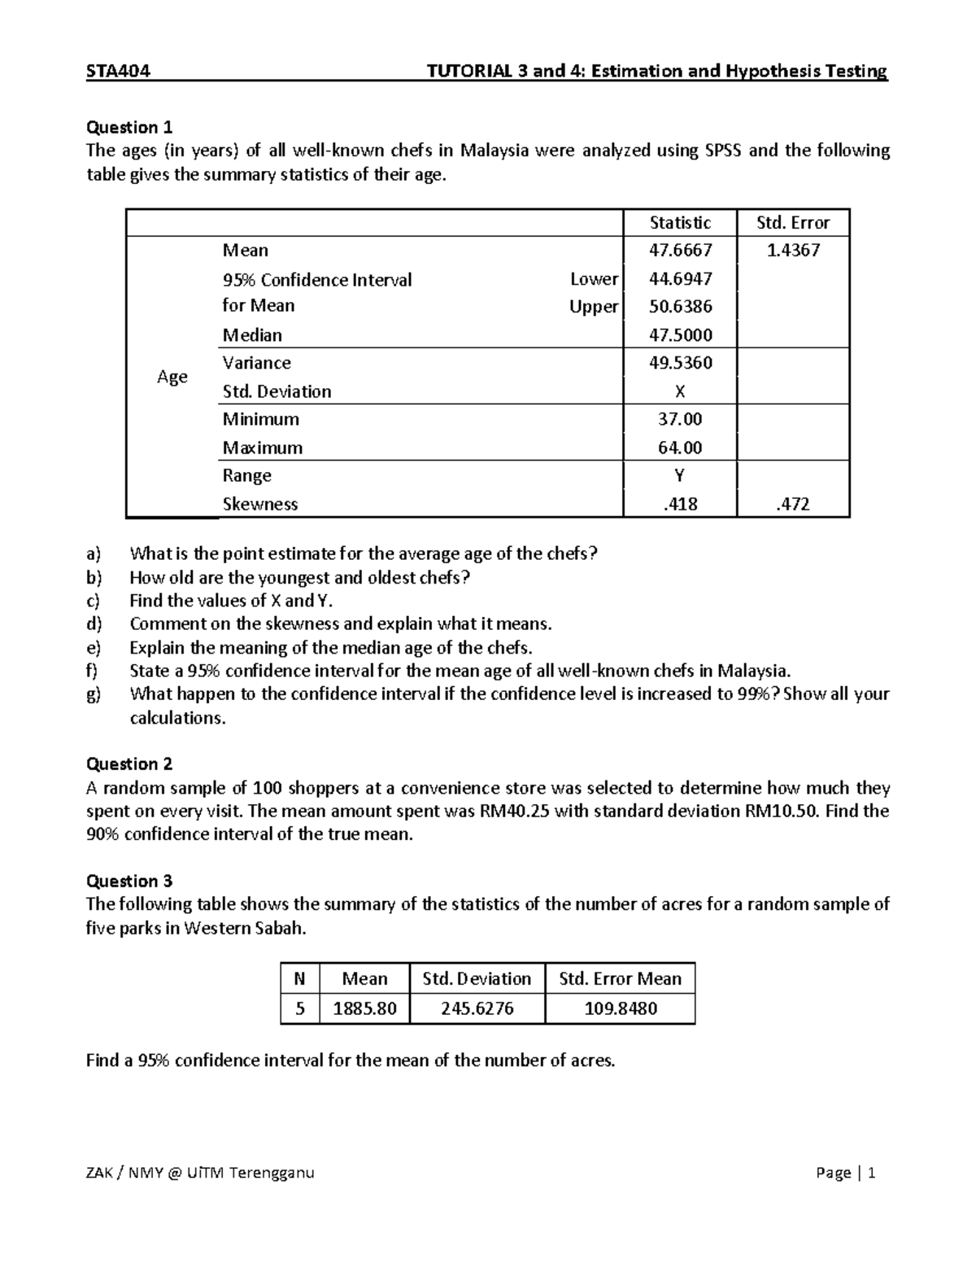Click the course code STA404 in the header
coord(118,71)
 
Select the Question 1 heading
coord(129,127)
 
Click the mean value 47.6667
coord(680,251)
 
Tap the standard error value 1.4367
coord(793,251)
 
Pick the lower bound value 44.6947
coord(680,279)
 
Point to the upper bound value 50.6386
coord(680,307)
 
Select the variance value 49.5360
coord(680,363)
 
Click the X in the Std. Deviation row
coord(680,391)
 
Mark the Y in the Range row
coord(680,476)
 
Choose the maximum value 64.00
coord(680,448)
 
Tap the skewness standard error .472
coord(793,505)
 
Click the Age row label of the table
coord(172,377)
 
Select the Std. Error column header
coord(793,223)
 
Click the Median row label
coord(252,335)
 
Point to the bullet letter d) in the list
coord(94,624)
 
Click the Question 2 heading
coord(129,763)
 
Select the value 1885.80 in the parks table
coord(364,1008)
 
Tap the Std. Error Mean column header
coord(620,979)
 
